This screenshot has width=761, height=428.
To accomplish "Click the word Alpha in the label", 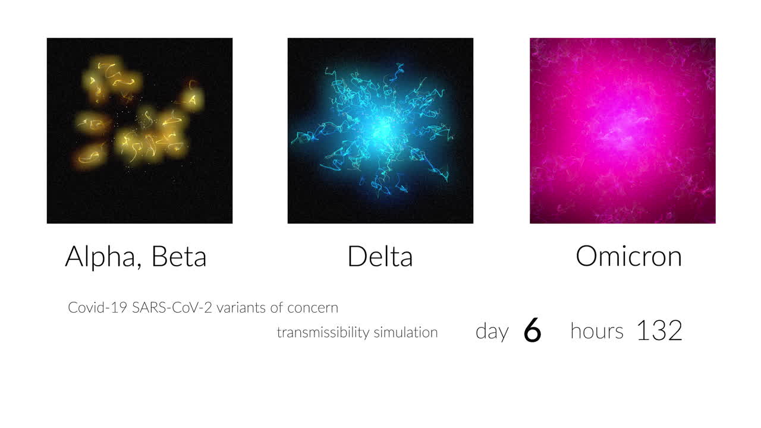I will (100, 257).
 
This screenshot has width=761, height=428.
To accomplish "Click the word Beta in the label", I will (178, 257).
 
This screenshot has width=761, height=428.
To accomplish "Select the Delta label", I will (380, 257).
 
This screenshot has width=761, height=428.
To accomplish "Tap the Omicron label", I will (628, 257).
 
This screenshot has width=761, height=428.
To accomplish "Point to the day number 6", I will (532, 331).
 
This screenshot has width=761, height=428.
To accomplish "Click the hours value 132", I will (659, 331).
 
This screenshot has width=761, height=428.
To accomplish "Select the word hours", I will (596, 331).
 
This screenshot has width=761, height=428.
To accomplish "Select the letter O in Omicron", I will (587, 257).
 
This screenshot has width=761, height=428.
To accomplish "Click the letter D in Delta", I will (357, 257).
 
